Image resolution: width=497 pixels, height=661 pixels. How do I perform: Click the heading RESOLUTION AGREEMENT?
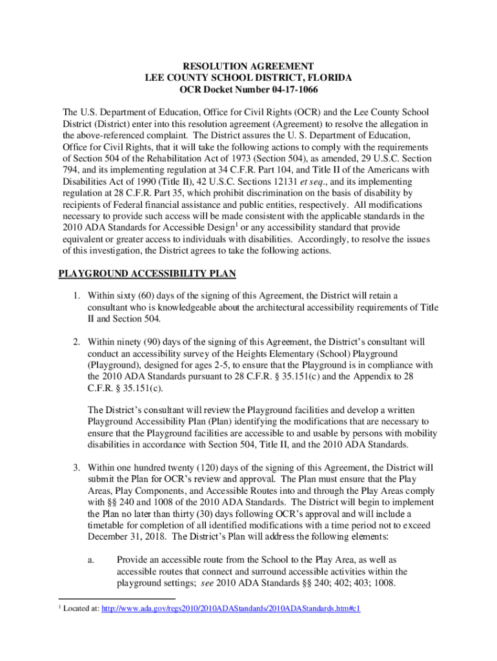(249, 66)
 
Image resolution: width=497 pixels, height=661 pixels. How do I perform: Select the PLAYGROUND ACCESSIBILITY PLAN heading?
(147, 274)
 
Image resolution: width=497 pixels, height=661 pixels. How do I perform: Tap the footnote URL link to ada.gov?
(231, 626)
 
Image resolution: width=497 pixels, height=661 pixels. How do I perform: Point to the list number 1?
(76, 296)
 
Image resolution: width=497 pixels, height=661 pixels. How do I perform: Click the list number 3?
(76, 467)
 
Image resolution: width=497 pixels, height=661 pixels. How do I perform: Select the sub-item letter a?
(90, 560)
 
